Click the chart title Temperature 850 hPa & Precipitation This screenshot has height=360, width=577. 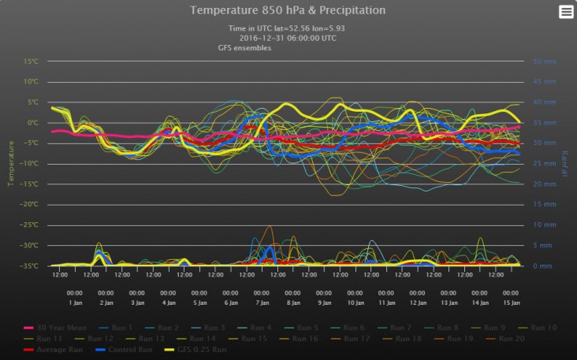coord(288,11)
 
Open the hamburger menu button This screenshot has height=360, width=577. coord(566,11)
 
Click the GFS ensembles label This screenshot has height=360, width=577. coord(244,48)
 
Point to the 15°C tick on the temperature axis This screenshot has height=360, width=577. coord(31,61)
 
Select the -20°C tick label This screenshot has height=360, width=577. coord(31,204)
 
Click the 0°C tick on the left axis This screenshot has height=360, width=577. coord(32,123)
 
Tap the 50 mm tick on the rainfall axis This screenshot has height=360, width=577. coord(545,61)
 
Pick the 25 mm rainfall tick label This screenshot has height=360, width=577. coord(545,164)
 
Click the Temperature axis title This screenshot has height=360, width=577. coord(11,164)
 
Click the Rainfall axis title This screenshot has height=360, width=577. coord(565,164)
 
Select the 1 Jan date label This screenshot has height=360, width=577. coord(76,302)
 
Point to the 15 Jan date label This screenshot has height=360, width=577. coord(511,302)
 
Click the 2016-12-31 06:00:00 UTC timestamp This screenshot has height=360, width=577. coord(288,38)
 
